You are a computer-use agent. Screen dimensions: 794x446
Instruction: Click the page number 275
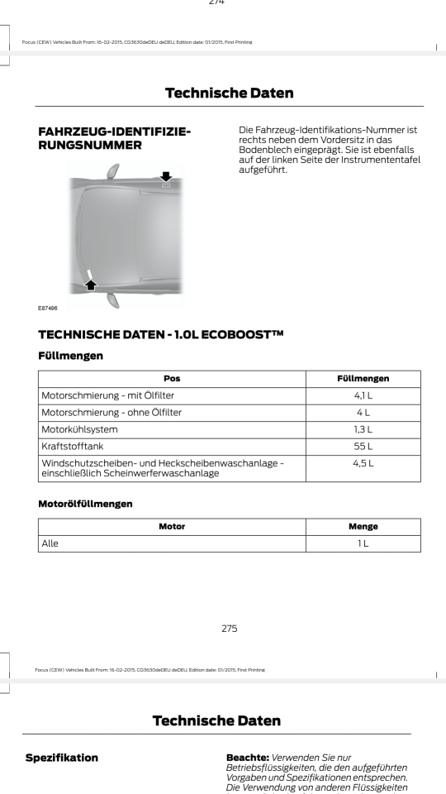223,629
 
